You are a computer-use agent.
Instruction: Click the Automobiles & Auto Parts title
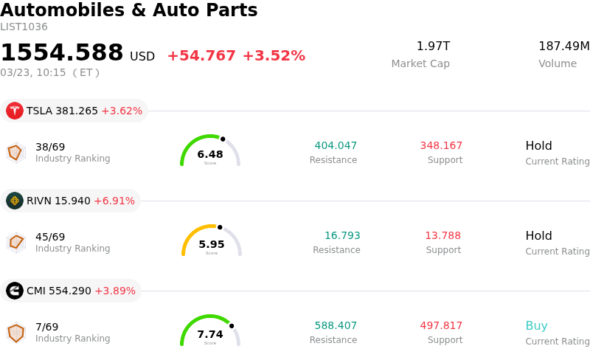(129, 10)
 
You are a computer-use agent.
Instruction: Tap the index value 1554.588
(62, 53)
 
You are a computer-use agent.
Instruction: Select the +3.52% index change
(274, 56)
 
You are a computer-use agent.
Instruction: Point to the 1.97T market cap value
(433, 46)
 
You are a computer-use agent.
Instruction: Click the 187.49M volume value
(563, 46)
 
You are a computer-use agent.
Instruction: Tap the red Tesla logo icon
(15, 111)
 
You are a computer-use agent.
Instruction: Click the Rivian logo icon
(15, 201)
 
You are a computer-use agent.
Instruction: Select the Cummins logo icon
(15, 291)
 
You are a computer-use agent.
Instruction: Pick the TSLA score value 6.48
(210, 154)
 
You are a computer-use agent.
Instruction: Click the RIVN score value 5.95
(212, 244)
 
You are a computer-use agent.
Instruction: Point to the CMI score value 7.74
(210, 334)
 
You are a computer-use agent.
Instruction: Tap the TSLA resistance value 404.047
(336, 145)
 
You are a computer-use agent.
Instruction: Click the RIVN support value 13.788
(442, 235)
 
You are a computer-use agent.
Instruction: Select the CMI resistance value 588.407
(336, 325)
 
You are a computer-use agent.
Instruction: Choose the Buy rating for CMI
(536, 325)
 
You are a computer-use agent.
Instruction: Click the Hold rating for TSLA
(538, 145)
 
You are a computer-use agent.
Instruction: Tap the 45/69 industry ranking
(50, 237)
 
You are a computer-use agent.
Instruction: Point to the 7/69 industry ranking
(46, 327)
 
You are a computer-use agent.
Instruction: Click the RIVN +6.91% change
(114, 201)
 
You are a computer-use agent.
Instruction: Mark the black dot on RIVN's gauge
(220, 227)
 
